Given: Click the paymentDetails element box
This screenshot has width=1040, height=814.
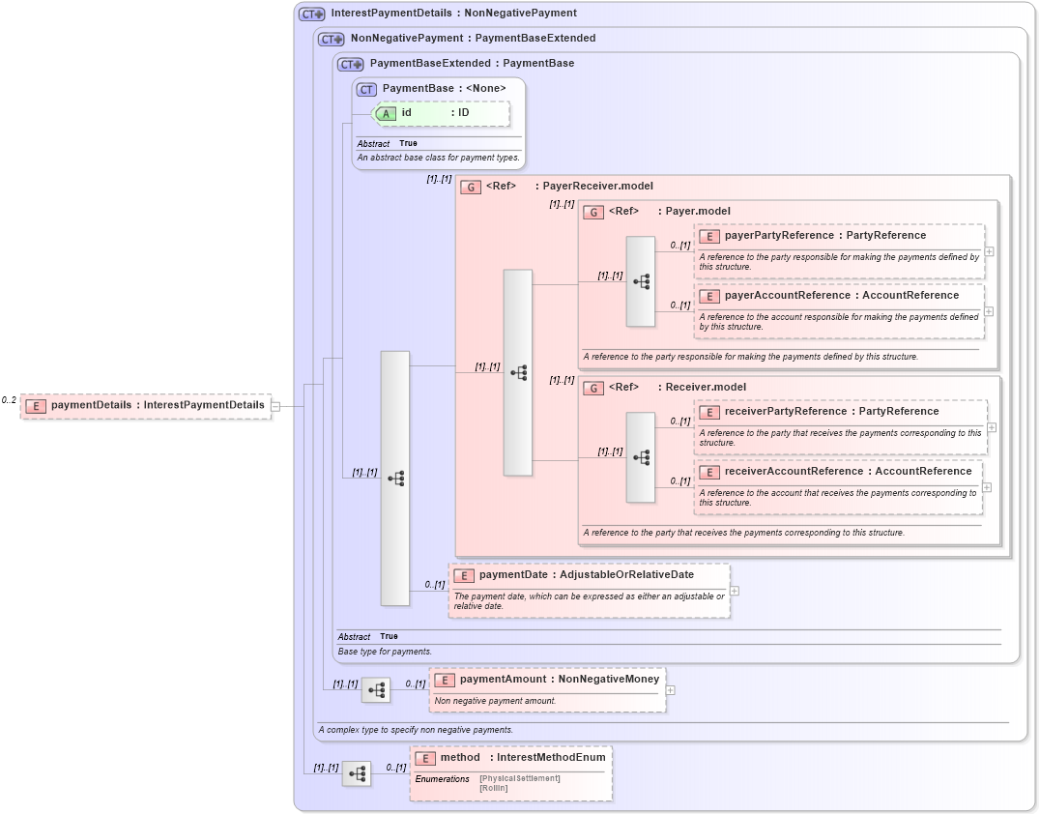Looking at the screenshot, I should (146, 405).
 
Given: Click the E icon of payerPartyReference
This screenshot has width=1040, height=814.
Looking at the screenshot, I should (709, 236).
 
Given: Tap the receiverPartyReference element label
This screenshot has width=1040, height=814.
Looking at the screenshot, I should (831, 412).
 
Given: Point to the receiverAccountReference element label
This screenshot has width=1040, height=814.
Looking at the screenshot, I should (848, 472).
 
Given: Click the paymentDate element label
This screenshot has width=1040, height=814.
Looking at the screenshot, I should (586, 575).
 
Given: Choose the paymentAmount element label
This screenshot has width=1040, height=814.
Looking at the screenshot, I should (559, 680).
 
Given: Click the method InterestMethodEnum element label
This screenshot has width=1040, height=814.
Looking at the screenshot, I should (522, 758).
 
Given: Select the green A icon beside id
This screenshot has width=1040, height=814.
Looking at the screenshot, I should (386, 113).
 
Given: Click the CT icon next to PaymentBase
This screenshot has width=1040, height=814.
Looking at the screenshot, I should (366, 89).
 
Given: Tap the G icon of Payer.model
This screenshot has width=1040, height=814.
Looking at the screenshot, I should (593, 212).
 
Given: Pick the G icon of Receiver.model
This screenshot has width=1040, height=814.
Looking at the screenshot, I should (593, 388).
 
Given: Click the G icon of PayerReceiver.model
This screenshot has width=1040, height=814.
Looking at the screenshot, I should (471, 187).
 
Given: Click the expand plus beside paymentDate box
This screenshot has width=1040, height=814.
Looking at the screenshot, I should (735, 591).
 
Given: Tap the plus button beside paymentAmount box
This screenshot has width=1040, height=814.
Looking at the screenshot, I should (670, 690).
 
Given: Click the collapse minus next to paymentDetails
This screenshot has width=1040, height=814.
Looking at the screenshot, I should (275, 406).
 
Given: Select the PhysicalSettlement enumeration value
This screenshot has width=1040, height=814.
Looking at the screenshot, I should (520, 778).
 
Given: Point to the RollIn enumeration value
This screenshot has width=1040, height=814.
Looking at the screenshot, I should (493, 788).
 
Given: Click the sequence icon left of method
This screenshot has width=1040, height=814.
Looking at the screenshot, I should (357, 773).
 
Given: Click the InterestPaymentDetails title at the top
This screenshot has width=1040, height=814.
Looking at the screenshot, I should (453, 14).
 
